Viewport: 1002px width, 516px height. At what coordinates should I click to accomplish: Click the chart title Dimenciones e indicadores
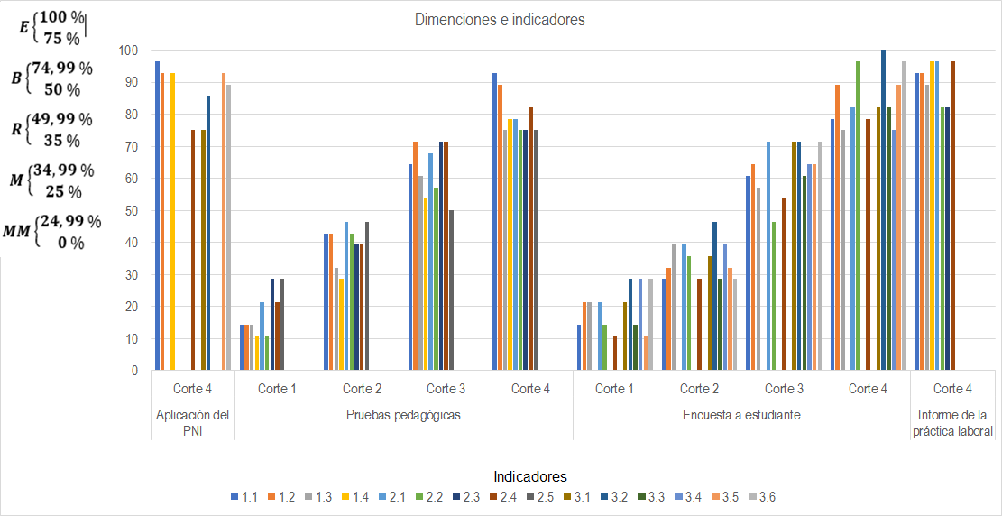500,20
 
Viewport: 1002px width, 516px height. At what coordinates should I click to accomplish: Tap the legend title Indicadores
530,475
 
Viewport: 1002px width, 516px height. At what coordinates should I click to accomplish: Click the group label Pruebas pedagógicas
404,415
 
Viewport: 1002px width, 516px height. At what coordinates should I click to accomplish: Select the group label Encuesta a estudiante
741,415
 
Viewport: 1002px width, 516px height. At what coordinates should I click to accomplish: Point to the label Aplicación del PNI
192,423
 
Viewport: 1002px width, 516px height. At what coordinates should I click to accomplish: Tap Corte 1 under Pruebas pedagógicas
277,390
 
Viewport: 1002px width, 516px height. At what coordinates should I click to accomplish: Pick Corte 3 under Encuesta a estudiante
784,390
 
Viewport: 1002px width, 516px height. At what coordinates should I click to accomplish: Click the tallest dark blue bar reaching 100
883,209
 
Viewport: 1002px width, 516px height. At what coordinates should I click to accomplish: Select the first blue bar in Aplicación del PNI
157,217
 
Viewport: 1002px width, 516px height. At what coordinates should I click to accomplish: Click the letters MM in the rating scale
16,231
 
